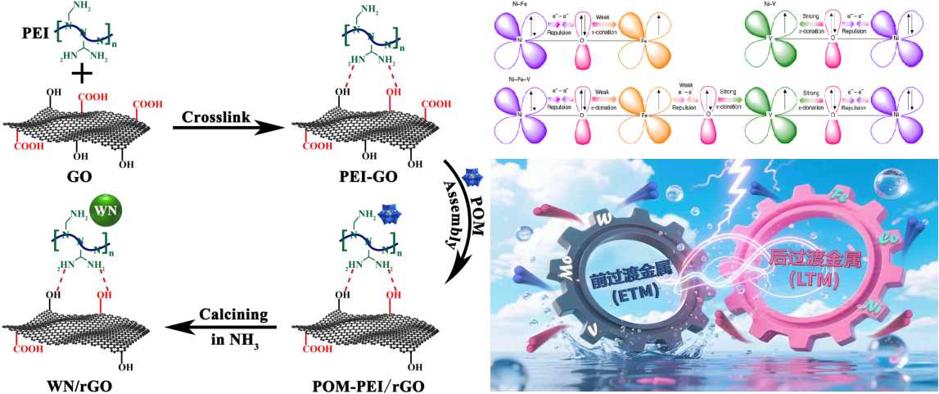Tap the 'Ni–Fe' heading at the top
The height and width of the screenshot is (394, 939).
[x=509, y=5]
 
